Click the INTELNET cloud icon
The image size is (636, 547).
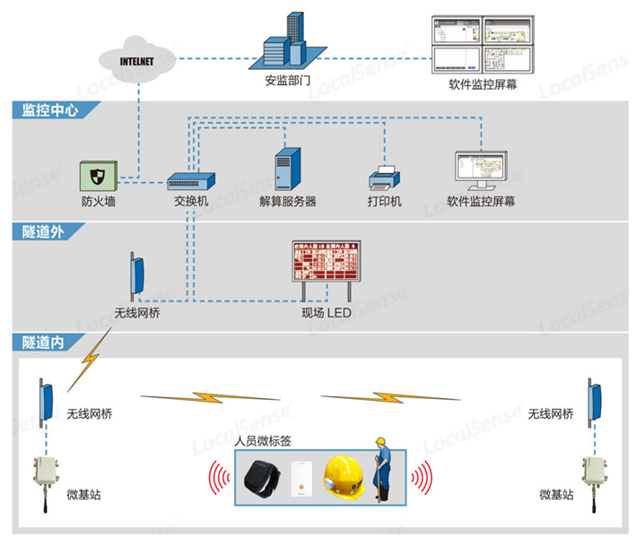[139, 60]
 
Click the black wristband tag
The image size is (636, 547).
[264, 479]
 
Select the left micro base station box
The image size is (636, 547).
[45, 476]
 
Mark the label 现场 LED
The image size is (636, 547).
[327, 314]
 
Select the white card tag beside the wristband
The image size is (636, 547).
[302, 479]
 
